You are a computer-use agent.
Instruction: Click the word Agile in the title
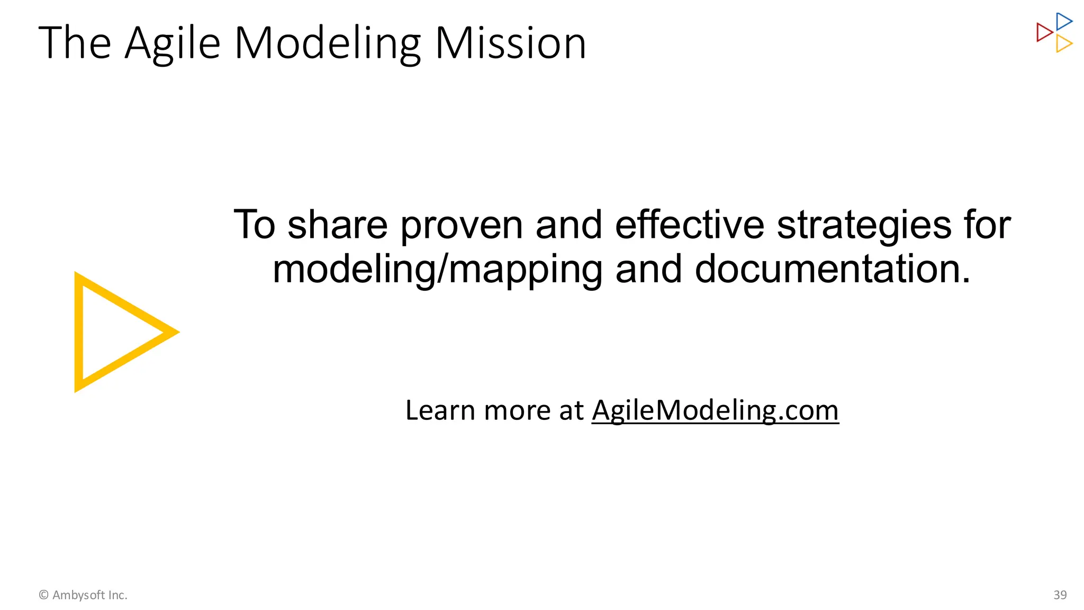[173, 43]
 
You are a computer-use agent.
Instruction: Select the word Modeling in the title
[328, 43]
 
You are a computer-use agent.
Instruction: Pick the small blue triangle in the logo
[1063, 22]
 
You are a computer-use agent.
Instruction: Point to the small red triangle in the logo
[1044, 32]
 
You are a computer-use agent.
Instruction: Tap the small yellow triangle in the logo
[1063, 43]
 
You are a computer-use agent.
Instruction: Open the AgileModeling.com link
[715, 410]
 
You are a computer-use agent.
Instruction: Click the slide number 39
[1060, 595]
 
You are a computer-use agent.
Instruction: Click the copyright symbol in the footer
[44, 595]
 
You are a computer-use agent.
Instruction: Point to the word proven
[462, 226]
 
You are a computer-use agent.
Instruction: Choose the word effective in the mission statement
[690, 225]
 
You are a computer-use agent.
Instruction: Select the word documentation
[833, 269]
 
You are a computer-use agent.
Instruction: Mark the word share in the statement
[338, 225]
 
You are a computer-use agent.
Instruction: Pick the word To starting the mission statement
[255, 225]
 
